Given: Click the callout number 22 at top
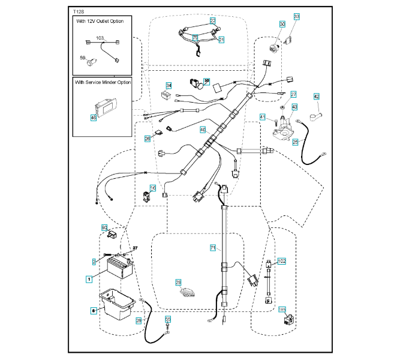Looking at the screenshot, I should pos(213,20).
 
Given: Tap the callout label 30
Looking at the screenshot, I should pos(282,24).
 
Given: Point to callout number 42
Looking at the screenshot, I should pos(317,96).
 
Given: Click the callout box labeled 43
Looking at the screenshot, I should pos(294,107).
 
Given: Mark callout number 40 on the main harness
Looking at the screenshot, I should pos(203,129).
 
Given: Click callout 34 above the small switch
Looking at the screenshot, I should pos(169,85).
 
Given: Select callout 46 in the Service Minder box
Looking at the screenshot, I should pos(93,118).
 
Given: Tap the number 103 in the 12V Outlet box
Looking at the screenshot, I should pos(100,38).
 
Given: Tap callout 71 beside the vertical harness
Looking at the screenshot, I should pos(212,247).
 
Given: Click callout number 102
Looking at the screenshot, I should pos(282,261).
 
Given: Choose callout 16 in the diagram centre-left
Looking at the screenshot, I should pos(153,188).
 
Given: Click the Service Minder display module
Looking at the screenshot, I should pos(107,108).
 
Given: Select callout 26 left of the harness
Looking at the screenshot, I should pos(148,138).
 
